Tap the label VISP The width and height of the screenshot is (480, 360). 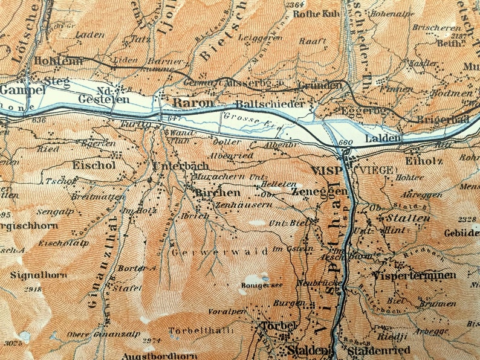coord(326,171)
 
